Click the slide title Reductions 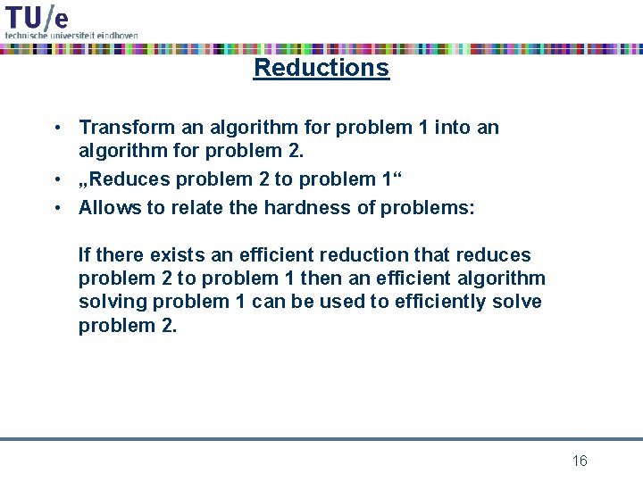click(x=321, y=68)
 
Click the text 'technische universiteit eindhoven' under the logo click(x=71, y=35)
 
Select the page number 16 click(x=580, y=461)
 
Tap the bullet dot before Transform click(x=56, y=128)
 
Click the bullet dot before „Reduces click(x=56, y=179)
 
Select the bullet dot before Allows click(x=56, y=208)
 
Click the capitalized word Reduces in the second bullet click(x=129, y=179)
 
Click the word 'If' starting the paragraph click(x=84, y=255)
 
